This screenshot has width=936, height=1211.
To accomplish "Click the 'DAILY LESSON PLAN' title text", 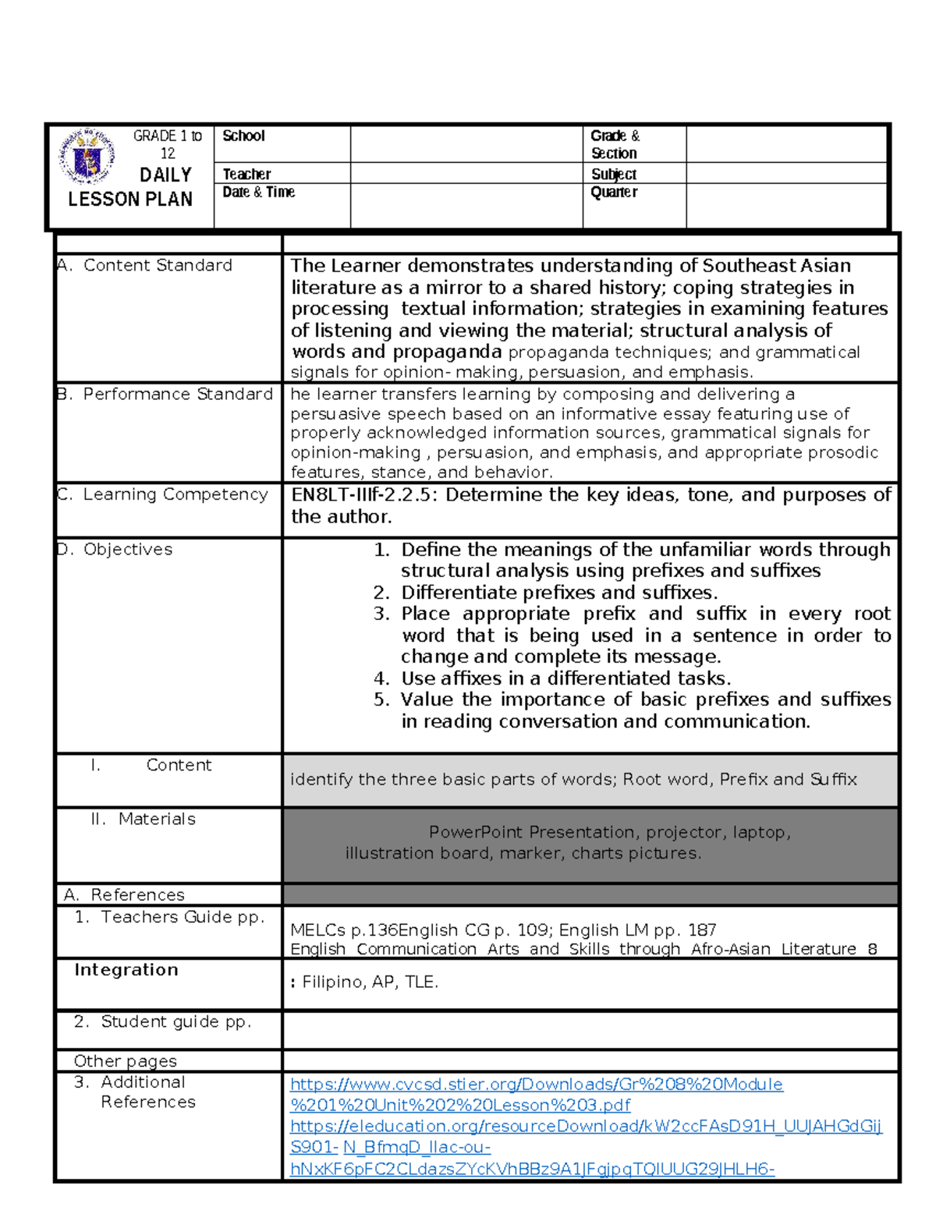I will point(130,187).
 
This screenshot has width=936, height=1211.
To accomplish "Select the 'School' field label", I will point(243,136).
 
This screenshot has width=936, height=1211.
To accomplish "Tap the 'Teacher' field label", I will point(246,174).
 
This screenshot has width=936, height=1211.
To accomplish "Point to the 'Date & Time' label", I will point(258,192).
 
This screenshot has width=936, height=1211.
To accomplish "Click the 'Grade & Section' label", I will point(614,144).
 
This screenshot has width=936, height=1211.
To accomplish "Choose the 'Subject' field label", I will point(614,174).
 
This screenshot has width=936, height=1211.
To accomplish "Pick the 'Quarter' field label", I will point(614,192).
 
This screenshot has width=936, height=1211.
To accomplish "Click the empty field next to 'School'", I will point(466,143).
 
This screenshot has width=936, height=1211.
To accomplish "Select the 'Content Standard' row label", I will point(157,265).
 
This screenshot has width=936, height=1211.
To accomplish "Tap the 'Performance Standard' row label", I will point(177,394).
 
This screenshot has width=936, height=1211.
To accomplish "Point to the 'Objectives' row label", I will point(127,549).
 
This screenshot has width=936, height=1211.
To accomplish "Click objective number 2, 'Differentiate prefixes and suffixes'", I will point(558,593).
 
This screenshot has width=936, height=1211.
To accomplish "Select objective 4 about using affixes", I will point(565,678).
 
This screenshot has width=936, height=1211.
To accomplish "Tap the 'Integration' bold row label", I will point(126,969).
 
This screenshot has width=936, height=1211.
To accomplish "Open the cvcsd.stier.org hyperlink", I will point(536,1085).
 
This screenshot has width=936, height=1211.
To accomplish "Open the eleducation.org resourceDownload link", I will point(585,1126).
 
